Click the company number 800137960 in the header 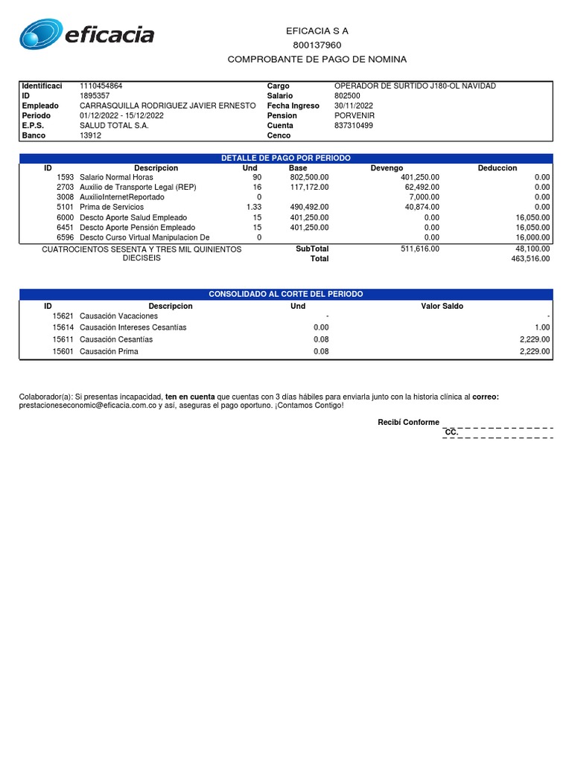click(317, 45)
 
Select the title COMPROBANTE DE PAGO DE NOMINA click(317, 60)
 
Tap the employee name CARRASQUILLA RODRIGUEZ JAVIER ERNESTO click(168, 106)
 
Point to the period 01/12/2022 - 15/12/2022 click(121, 116)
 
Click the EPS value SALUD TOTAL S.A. click(114, 126)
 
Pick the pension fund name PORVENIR click(355, 116)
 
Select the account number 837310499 click(354, 126)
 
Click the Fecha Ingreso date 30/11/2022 click(354, 106)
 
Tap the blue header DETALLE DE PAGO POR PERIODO click(286, 159)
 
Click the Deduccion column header click(497, 168)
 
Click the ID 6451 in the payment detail click(65, 227)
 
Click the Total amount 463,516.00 click(530, 259)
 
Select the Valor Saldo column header click(442, 306)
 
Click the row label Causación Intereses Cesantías click(133, 327)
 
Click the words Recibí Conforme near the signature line click(408, 423)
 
